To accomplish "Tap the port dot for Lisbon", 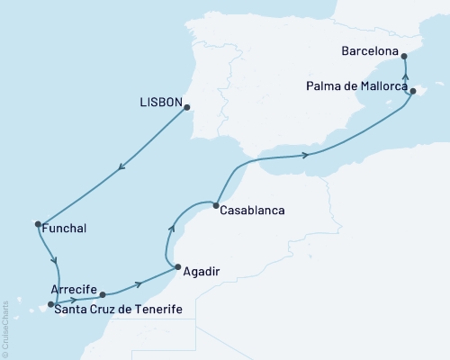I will pyautogui.click(x=187, y=108).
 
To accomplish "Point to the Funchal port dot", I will pyautogui.click(x=38, y=224).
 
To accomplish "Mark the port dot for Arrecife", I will pyautogui.click(x=103, y=294).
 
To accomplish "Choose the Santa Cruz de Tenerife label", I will pyautogui.click(x=118, y=310).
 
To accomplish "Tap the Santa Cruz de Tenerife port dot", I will pyautogui.click(x=50, y=304).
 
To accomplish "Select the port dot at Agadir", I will pyautogui.click(x=178, y=266).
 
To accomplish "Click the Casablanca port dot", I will pyautogui.click(x=216, y=206).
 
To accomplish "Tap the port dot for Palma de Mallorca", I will pyautogui.click(x=412, y=91).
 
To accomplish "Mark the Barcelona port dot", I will pyautogui.click(x=402, y=56).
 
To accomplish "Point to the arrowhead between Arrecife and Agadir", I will pyautogui.click(x=139, y=285).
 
